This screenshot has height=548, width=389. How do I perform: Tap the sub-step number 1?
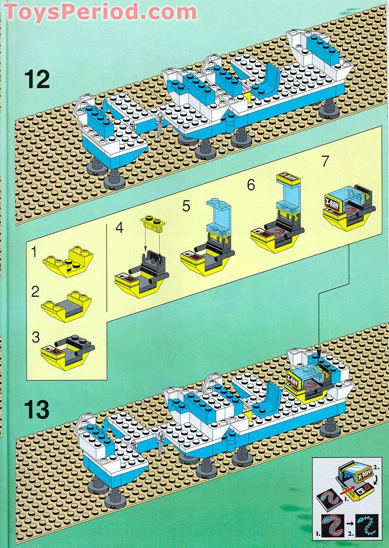click(x=35, y=253)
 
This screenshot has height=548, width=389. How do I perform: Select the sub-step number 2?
click(x=35, y=292)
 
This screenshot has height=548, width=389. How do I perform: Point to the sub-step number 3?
click(x=35, y=337)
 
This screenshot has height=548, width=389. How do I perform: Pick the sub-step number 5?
click(x=186, y=206)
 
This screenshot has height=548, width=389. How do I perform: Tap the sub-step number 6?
click(x=251, y=185)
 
